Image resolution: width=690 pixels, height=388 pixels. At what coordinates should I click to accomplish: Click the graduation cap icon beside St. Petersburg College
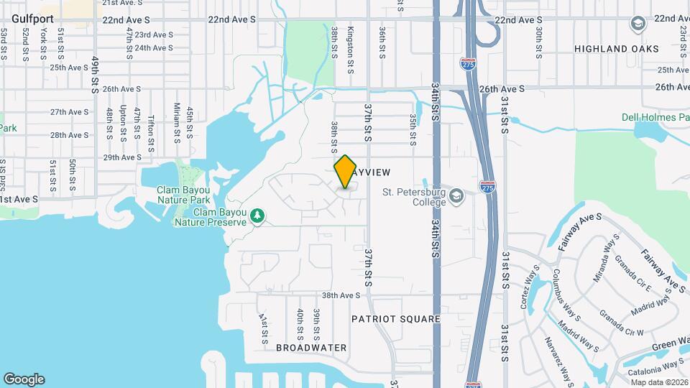pos(456,195)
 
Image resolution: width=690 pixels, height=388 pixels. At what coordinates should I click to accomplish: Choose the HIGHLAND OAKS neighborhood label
pos(617,49)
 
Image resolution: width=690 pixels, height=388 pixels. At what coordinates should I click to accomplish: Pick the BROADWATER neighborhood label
pos(311,348)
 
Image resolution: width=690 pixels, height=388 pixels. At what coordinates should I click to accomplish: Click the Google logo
pos(24,379)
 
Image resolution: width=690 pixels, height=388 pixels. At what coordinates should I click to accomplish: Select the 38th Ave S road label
pos(341,295)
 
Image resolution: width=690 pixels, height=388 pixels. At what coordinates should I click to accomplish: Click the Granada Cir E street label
pos(635,277)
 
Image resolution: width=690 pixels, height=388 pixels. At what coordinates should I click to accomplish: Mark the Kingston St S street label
pos(351,51)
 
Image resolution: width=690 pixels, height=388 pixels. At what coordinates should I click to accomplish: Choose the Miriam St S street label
pos(177,119)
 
